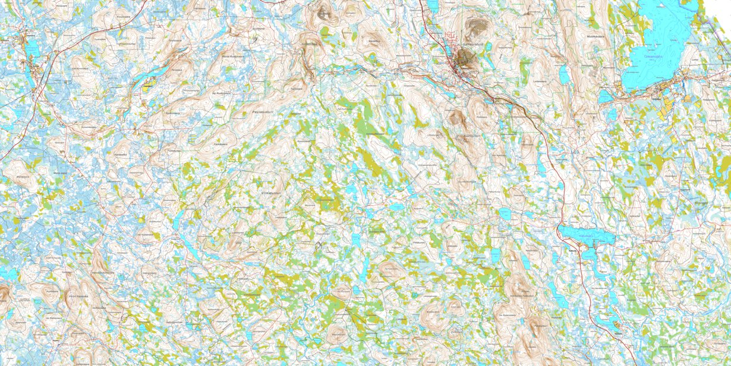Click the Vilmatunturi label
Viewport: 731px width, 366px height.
pyautogui.click(x=273, y=193)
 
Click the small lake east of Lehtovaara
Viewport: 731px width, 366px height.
pyautogui.click(x=563, y=74)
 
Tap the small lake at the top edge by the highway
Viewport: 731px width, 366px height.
pyautogui.click(x=432, y=6)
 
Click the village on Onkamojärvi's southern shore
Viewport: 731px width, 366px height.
pyautogui.click(x=663, y=89)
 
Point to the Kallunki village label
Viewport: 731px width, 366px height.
pyautogui.click(x=572, y=250)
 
